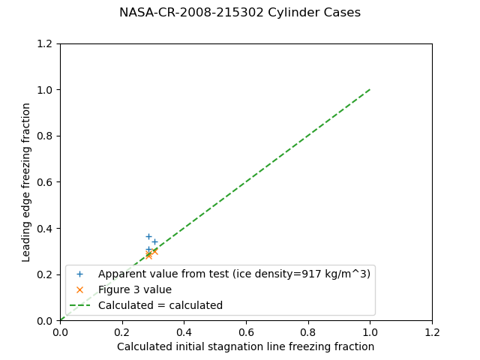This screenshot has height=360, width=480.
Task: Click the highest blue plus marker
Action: point(148,236)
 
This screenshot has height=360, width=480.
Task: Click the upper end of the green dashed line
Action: point(370,90)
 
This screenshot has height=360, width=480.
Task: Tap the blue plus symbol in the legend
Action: point(79,274)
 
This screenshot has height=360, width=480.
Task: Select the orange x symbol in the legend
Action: point(79,289)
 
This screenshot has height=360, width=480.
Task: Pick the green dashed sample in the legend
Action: point(79,305)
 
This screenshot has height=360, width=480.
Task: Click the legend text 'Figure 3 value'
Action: point(135,289)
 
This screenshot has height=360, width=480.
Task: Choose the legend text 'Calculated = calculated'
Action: point(160,305)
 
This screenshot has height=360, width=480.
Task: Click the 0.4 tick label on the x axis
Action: point(184,331)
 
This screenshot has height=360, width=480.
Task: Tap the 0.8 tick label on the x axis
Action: point(308,331)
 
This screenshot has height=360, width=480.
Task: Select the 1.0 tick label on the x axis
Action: point(370,331)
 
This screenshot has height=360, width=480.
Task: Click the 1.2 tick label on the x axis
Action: point(432,331)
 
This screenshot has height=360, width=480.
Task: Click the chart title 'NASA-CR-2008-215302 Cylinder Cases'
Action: point(240,13)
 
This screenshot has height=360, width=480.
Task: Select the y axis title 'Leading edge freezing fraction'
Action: point(26,182)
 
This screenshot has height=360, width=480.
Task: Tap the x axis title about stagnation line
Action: point(245,346)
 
